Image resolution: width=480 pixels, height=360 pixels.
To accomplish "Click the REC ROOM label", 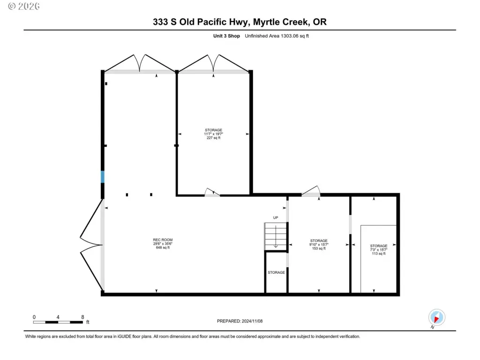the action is [163, 240].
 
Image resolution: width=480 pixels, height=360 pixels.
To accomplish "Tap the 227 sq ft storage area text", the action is [214, 138].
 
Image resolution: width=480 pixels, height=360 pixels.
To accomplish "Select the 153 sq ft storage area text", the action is [319, 248].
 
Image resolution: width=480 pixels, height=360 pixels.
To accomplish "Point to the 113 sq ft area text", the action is [379, 254].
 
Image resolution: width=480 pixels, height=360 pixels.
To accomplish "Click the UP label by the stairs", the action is [276, 217].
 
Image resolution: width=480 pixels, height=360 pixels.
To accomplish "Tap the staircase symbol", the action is [276, 236].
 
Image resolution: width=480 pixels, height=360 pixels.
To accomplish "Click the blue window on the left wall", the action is [103, 177].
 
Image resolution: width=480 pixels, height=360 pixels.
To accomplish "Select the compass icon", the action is [436, 317].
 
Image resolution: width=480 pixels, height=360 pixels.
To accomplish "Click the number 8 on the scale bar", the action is [82, 317].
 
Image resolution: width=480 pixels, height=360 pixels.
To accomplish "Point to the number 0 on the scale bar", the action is [34, 317].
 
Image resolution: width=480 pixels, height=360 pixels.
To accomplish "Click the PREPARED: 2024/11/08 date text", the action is [240, 321].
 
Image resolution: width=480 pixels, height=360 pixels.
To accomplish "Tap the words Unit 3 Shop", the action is [226, 36].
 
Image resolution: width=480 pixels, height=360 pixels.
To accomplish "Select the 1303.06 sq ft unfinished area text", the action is [277, 36].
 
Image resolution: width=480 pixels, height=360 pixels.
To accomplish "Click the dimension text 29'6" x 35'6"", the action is [163, 244].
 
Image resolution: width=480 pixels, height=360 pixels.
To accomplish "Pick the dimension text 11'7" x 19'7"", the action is [214, 134].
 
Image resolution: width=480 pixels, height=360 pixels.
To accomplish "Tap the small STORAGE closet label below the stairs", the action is [276, 272].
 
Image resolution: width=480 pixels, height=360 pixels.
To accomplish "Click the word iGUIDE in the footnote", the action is [124, 337].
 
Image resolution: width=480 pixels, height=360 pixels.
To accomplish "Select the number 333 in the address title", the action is [160, 22].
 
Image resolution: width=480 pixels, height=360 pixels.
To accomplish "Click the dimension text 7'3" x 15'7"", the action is [379, 250].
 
